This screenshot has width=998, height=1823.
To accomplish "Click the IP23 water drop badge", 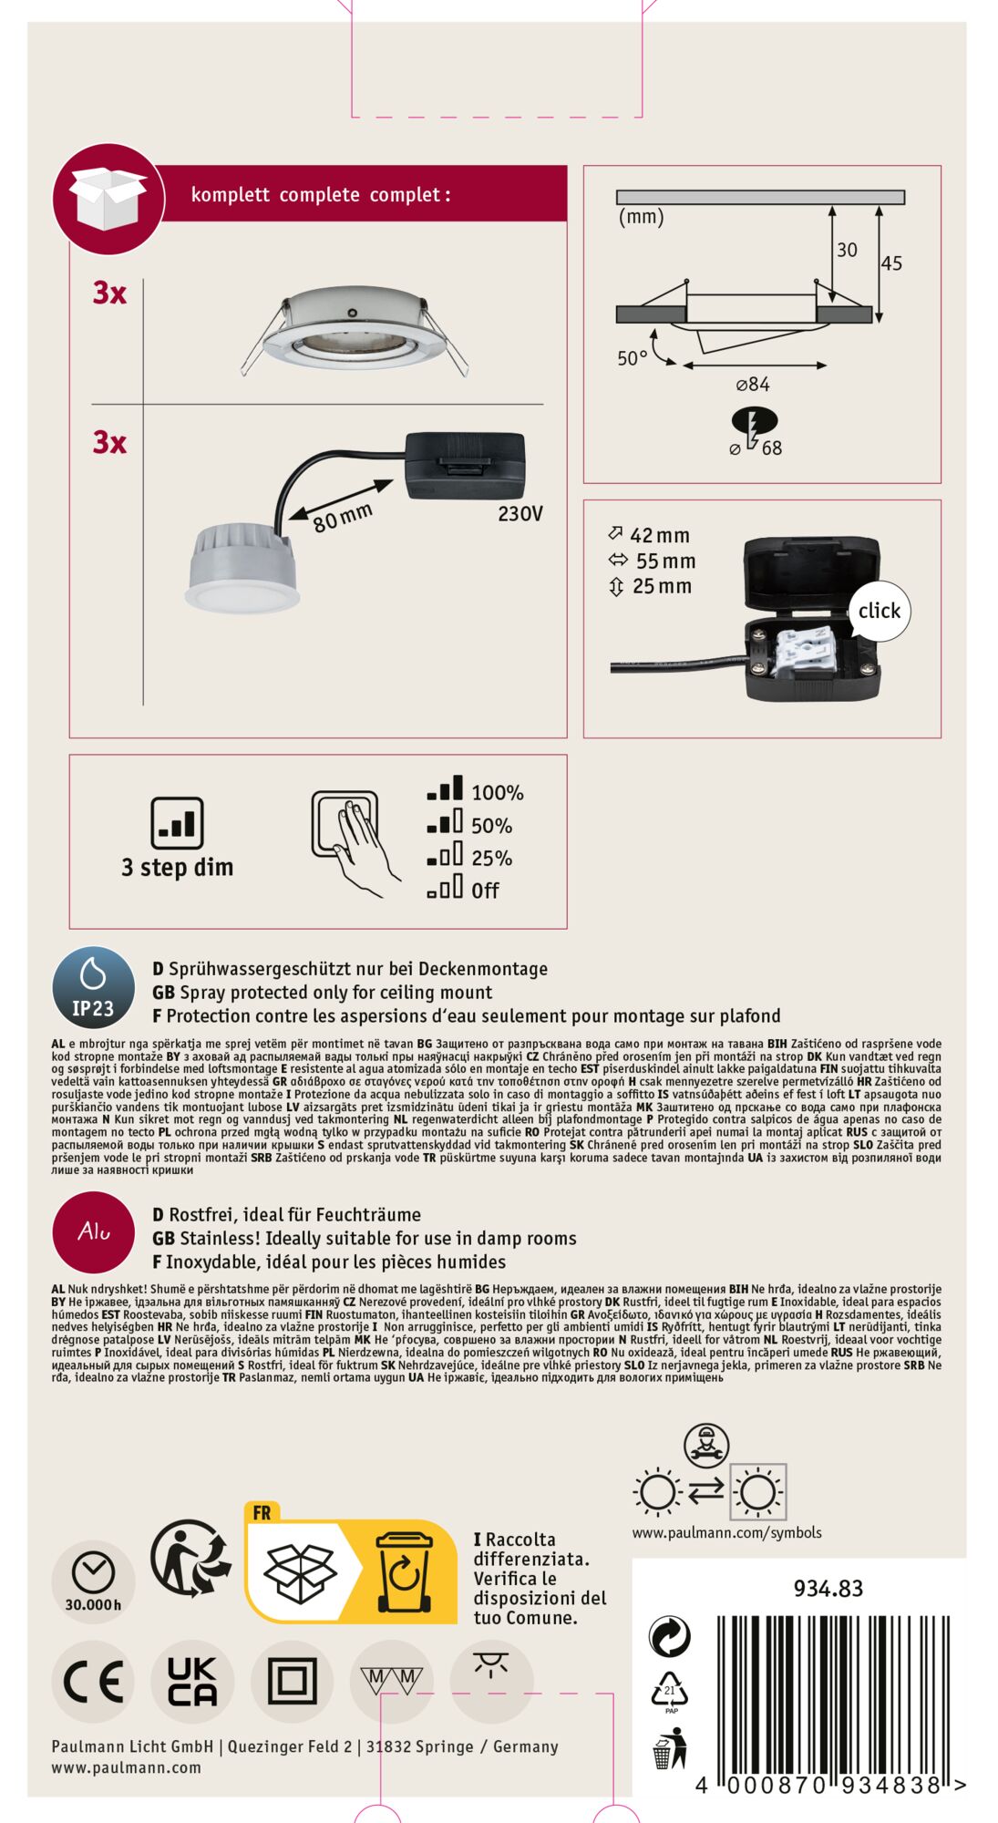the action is click(93, 987).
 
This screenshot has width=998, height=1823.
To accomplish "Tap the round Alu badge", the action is click(94, 1232).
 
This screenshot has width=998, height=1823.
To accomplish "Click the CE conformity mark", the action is click(93, 1682).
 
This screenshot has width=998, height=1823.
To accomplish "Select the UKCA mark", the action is click(192, 1682).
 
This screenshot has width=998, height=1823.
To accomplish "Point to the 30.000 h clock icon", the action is click(93, 1581).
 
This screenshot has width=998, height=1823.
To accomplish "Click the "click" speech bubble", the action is click(879, 611).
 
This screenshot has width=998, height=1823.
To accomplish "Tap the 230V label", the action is click(520, 514).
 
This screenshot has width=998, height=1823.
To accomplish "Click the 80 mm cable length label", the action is click(344, 518).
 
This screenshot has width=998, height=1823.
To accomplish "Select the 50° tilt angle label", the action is click(633, 358).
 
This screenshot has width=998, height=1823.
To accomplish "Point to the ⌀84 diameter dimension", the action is click(753, 385).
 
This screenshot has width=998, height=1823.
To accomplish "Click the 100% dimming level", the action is click(498, 793).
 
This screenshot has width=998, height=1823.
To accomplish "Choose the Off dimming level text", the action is click(485, 891).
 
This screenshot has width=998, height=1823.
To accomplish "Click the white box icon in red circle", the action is click(108, 199).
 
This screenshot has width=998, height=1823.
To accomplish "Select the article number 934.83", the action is click(828, 1589).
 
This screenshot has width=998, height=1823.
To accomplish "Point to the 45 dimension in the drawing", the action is click(891, 263).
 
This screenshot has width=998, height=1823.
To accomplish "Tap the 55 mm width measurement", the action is click(665, 561).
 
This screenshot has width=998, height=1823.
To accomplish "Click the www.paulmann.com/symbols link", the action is click(727, 1533).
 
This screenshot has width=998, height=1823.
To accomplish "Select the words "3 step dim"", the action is click(178, 868).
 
